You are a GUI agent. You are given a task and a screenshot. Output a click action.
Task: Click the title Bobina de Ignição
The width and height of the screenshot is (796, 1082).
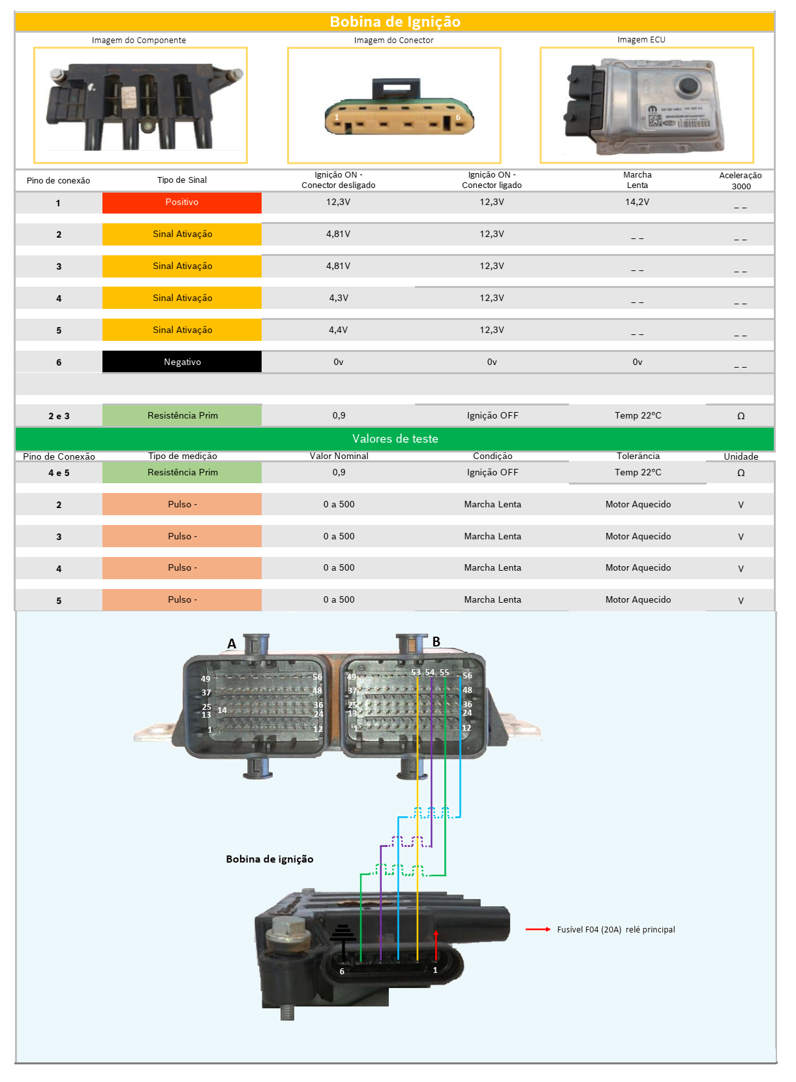pyautogui.click(x=395, y=22)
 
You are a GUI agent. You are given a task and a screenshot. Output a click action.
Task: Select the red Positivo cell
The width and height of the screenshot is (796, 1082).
pyautogui.click(x=182, y=202)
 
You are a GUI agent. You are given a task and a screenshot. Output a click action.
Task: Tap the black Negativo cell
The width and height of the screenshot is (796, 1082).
pyautogui.click(x=182, y=362)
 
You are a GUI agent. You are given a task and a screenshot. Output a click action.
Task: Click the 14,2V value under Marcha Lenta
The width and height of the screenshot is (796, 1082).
pyautogui.click(x=637, y=202)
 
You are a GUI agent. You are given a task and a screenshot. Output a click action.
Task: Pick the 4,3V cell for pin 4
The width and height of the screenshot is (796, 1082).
pyautogui.click(x=338, y=298)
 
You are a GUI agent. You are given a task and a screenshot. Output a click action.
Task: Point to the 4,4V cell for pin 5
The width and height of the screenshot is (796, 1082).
pyautogui.click(x=338, y=330)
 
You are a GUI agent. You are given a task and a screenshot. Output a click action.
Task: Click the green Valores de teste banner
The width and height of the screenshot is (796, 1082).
pyautogui.click(x=395, y=439)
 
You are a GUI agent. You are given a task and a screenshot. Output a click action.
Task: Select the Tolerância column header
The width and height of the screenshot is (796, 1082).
pyautogui.click(x=638, y=456)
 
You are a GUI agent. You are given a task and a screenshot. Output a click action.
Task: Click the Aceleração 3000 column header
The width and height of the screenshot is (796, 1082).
pyautogui.click(x=741, y=180)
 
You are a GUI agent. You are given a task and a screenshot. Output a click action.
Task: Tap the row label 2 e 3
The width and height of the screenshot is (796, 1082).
pyautogui.click(x=59, y=416)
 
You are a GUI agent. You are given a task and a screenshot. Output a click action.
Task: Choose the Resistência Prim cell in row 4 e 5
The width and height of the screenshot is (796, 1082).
pyautogui.click(x=182, y=472)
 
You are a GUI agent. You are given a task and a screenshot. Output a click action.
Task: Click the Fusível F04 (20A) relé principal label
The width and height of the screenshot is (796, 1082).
pyautogui.click(x=616, y=929)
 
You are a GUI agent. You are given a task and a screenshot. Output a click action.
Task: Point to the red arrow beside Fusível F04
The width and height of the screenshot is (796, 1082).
pyautogui.click(x=538, y=929)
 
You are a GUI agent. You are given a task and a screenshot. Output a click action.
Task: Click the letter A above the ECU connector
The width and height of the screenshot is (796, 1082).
pyautogui.click(x=232, y=644)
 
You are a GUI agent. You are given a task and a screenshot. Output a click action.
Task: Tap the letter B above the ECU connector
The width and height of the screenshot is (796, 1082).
pyautogui.click(x=436, y=642)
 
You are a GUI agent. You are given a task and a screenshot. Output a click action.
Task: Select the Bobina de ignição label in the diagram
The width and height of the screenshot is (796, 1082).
pyautogui.click(x=269, y=859)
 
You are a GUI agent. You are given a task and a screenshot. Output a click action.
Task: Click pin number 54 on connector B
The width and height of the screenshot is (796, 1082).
pyautogui.click(x=430, y=673)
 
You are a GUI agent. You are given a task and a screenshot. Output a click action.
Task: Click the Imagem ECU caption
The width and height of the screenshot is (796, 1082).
pyautogui.click(x=641, y=40)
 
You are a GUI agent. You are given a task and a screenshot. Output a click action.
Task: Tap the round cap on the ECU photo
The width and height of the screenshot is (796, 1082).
pyautogui.click(x=689, y=86)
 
